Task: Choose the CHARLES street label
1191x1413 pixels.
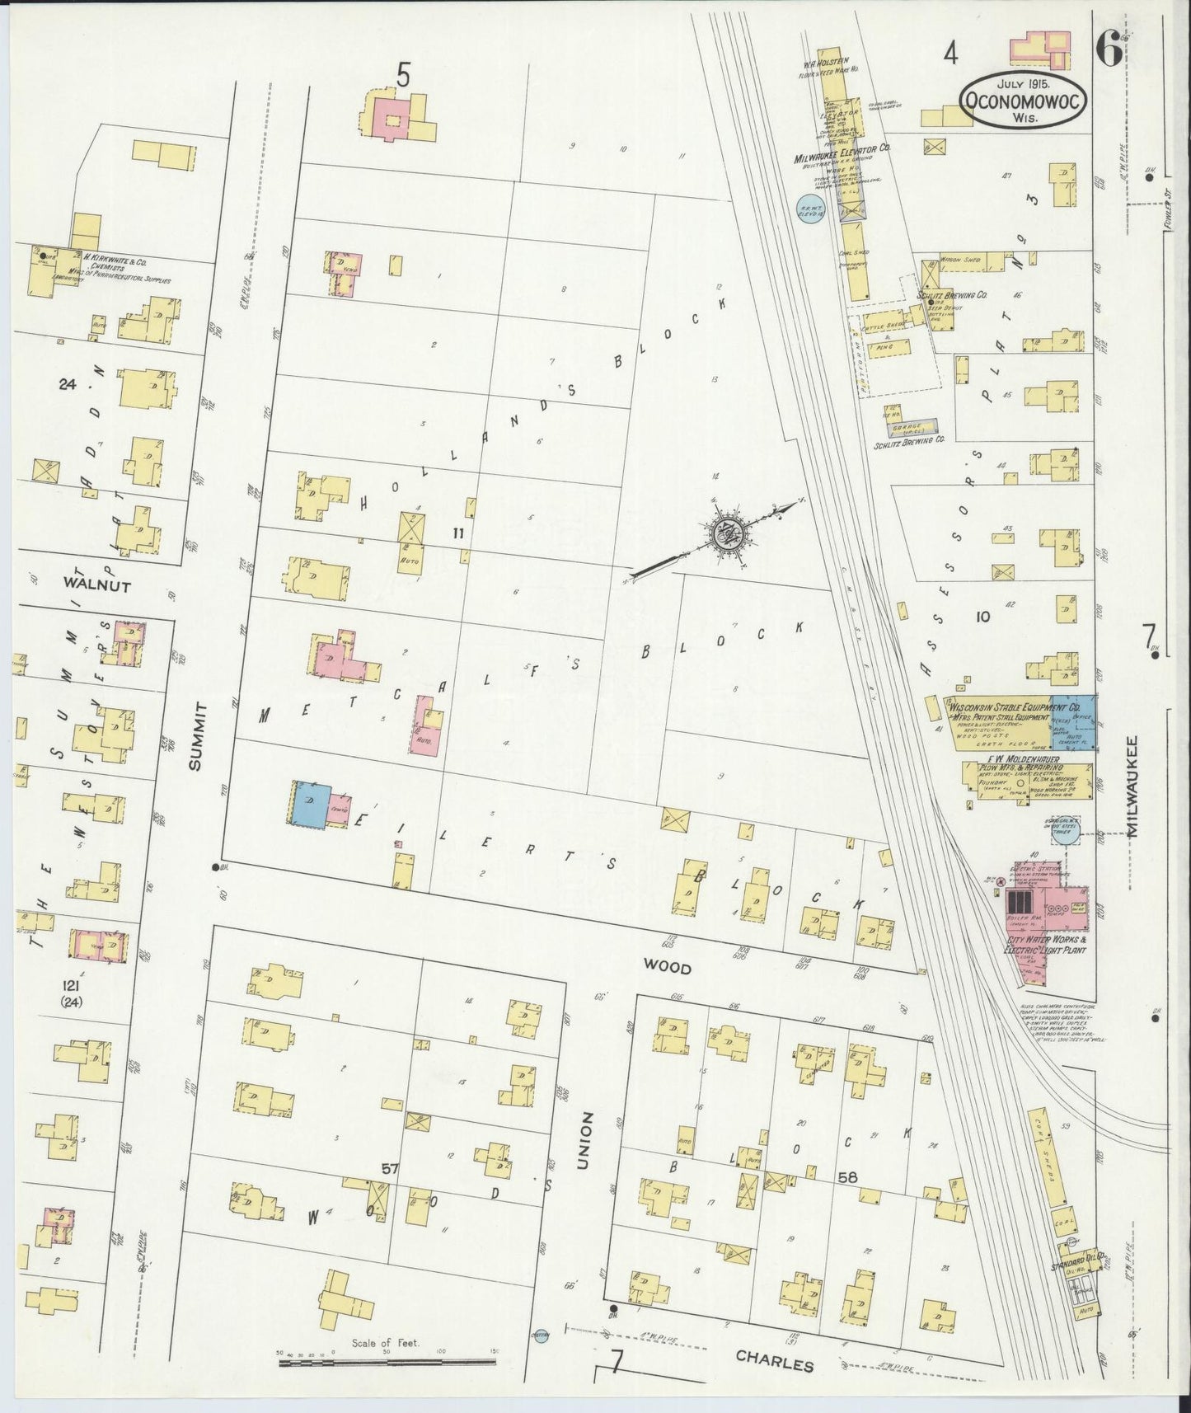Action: pos(774,1364)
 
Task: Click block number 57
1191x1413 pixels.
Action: pos(390,1169)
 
